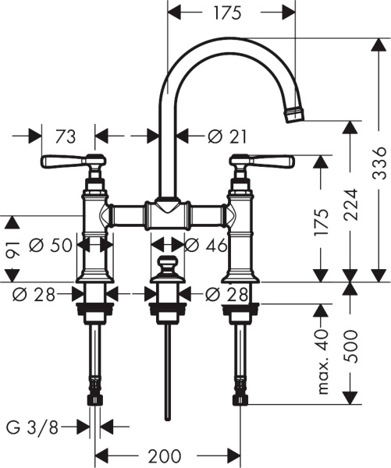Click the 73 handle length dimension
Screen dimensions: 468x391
point(66,136)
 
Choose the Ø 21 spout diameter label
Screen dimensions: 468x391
point(228,136)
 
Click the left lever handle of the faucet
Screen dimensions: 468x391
point(66,161)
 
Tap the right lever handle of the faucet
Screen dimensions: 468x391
point(269,161)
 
